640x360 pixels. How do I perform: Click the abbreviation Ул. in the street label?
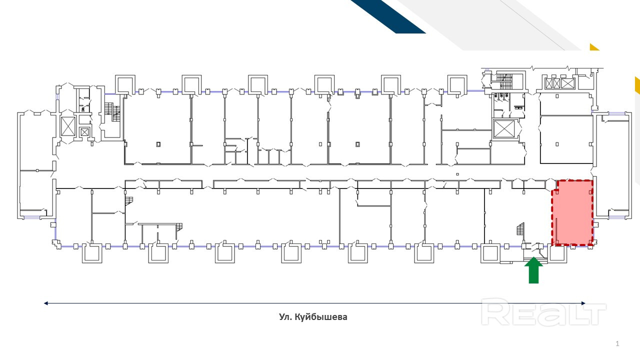[285, 317]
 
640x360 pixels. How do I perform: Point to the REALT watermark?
[543, 312]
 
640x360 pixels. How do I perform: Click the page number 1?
[617, 343]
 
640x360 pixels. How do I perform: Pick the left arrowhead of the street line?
[46, 303]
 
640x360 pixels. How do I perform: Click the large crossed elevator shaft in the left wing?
[67, 126]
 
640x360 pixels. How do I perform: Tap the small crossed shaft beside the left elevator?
[84, 132]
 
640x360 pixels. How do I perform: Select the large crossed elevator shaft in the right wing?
[503, 129]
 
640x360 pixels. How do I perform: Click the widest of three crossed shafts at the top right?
[567, 83]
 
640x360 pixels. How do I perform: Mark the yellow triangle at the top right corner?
[593, 47]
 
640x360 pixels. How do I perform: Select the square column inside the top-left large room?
[158, 144]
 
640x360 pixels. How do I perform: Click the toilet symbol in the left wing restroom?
[82, 108]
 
